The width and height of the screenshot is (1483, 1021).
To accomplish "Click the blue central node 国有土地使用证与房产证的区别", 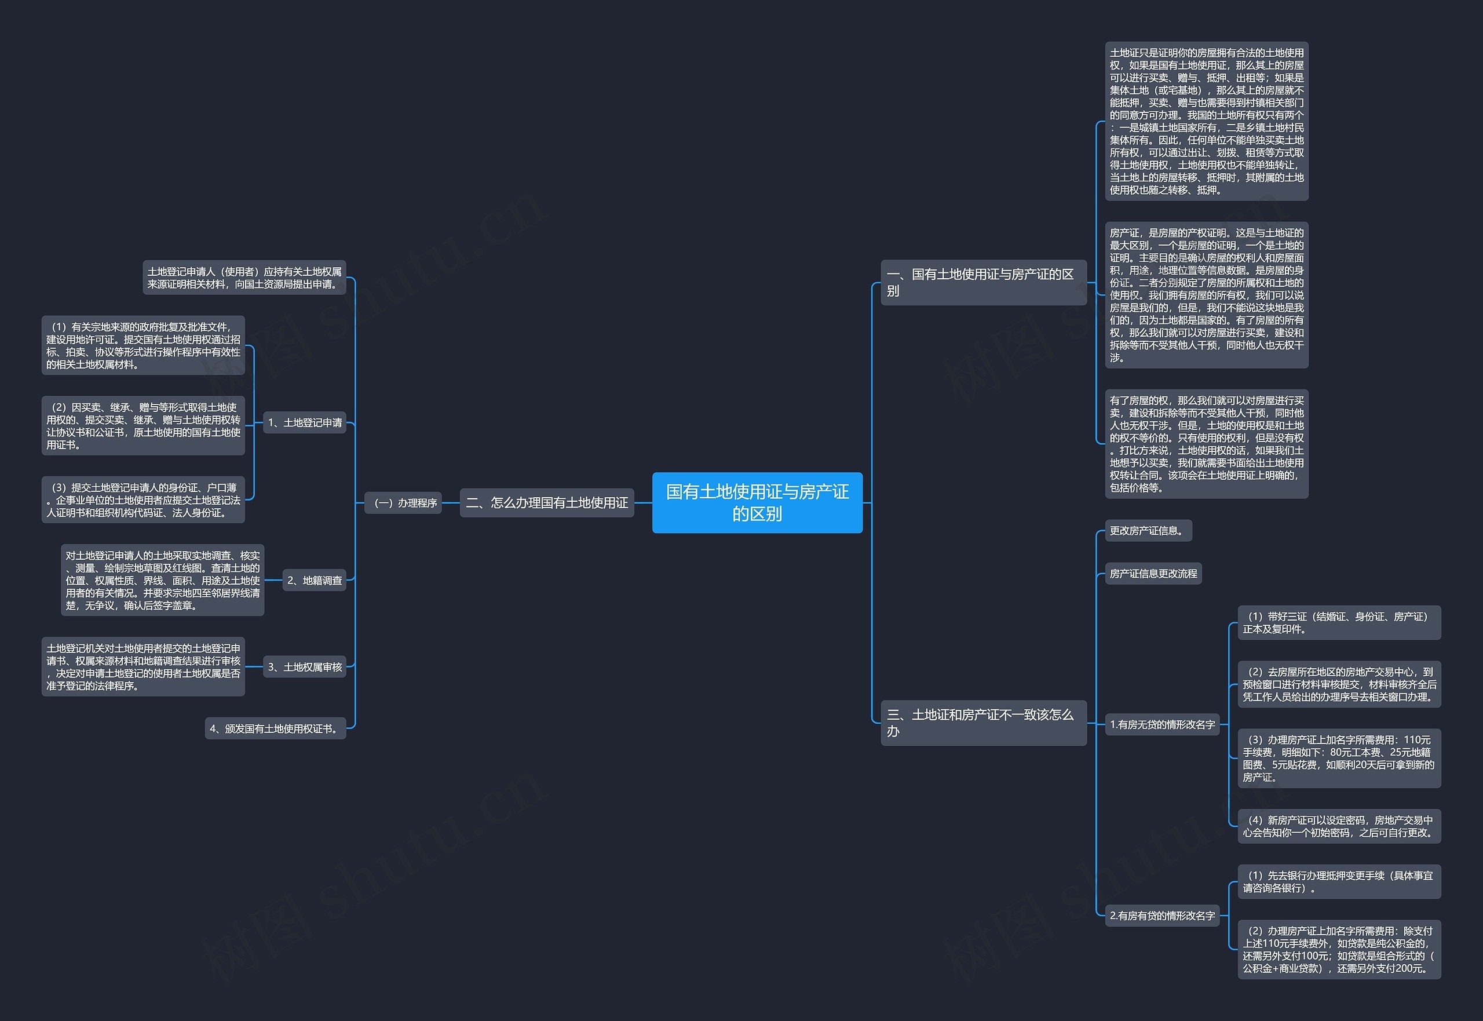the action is coord(757,502).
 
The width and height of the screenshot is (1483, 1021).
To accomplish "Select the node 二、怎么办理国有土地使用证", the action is coord(547,503).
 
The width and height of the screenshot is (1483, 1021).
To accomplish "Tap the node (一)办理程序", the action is coord(403,503).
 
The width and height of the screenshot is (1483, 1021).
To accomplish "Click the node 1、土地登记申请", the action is coord(304,422).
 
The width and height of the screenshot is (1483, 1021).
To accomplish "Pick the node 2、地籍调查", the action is coord(314,580).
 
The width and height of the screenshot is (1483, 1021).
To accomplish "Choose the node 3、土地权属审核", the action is coord(304,666).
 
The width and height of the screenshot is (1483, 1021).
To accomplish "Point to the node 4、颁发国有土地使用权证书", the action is coord(276,728).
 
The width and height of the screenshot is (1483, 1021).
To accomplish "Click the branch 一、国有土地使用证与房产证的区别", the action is coord(984,282).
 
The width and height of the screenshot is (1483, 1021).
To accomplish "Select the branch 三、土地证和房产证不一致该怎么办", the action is coord(984,723).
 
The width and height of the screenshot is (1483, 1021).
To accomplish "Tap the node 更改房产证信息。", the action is coord(1149,530).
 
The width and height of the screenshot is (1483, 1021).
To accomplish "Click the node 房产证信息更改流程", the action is coord(1153,573).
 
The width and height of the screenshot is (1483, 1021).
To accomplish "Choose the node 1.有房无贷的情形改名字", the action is coord(1163,724).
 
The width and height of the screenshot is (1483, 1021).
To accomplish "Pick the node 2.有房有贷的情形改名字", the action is coord(1163,916).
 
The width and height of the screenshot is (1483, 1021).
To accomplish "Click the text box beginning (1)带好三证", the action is coord(1340,622).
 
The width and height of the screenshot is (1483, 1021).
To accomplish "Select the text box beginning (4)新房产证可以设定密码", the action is coord(1340,826).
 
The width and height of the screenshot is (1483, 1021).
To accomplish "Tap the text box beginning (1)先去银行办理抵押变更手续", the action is coord(1340,881).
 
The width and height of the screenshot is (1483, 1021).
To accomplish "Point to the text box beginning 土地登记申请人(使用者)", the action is coord(244,277).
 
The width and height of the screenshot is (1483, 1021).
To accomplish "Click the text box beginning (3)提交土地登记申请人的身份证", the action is coord(143,499).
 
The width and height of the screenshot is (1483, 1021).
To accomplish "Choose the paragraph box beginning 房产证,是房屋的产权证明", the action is coord(1207,295).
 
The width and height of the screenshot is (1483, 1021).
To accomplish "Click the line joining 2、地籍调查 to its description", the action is coord(273,580).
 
